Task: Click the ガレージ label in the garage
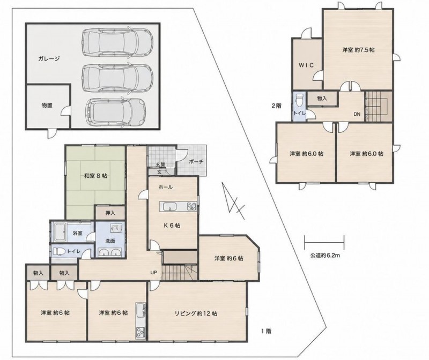coord(49,58)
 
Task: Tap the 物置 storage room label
coord(47,106)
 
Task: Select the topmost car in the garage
coord(117,42)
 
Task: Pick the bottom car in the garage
coord(115,112)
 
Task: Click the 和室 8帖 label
coord(95,176)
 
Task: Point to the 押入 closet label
coord(110,213)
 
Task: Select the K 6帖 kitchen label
coord(172,226)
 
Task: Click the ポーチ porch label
coord(196,162)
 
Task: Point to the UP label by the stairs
coord(154,272)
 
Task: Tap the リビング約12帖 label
coord(196,313)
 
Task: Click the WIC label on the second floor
coord(306,65)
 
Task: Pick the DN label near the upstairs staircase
coord(357,115)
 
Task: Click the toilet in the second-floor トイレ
coord(300,101)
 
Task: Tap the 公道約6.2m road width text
coord(325,256)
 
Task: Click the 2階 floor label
coord(276,106)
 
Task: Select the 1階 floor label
coord(265,331)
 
